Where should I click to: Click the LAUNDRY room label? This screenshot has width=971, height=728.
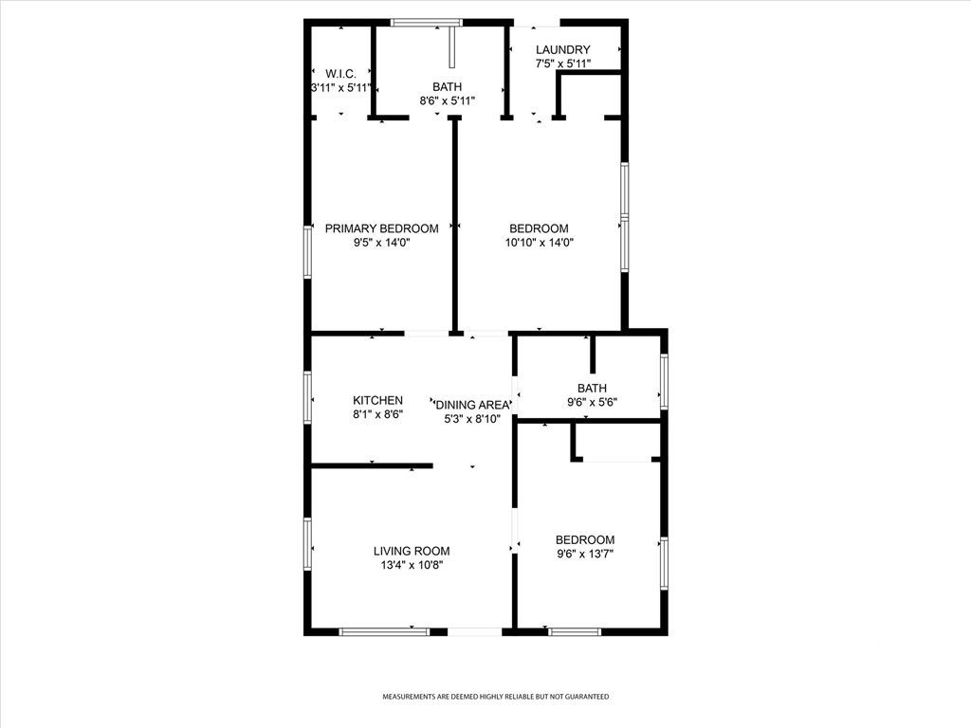point(563,50)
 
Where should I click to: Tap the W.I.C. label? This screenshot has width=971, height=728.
point(340,73)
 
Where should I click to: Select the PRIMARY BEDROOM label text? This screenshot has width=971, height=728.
point(381,228)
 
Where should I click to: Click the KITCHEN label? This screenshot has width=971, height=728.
point(378,401)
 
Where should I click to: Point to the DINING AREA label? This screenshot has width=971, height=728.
point(473,405)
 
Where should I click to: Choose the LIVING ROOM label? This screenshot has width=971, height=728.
point(412,551)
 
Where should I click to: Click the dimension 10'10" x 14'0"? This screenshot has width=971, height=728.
point(539,242)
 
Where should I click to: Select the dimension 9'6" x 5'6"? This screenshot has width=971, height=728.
point(592,402)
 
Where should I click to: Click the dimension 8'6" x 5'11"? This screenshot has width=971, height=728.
point(448,100)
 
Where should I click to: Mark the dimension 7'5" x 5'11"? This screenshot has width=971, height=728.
point(563,64)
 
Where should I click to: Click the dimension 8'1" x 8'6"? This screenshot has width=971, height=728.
point(378,414)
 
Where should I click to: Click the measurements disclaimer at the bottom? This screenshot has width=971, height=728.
point(495,697)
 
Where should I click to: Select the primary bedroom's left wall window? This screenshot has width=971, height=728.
point(308,250)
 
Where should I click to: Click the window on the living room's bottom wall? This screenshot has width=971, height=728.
point(384,631)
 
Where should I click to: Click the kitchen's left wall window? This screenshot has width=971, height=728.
point(308,395)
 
